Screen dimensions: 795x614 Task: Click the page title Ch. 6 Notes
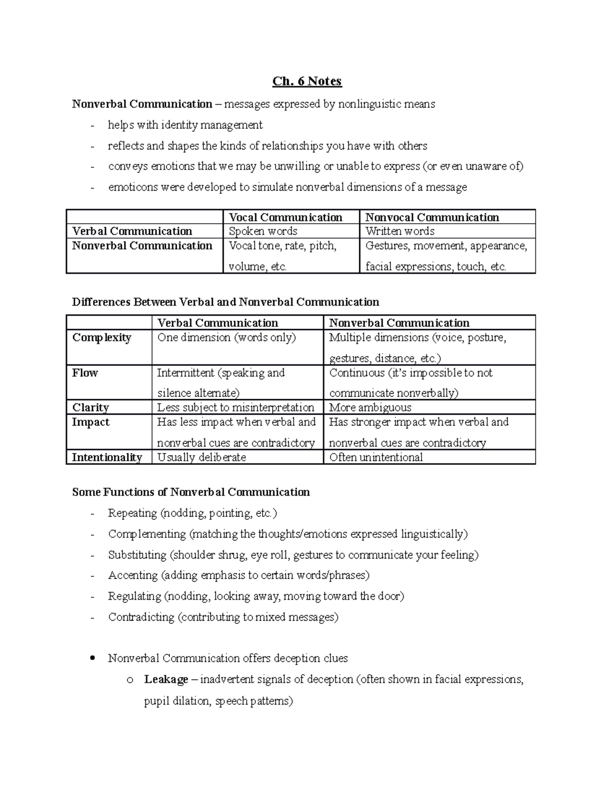306,81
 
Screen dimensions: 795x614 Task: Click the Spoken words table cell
263,231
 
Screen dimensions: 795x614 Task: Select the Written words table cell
400,231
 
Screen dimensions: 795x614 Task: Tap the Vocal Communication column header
286,217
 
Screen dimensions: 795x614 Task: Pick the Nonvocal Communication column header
432,217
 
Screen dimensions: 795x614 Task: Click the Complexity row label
102,338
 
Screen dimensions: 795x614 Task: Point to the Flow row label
85,373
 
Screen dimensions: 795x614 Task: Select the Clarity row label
91,407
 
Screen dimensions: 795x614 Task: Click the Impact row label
91,422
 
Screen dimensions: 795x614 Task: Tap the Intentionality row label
106,457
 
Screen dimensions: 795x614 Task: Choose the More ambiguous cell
370,407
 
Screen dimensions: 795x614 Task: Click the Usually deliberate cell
202,457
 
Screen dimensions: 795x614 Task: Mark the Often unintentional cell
376,457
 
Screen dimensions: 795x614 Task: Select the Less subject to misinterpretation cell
235,407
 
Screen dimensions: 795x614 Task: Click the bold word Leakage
166,679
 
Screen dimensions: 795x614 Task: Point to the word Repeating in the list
133,513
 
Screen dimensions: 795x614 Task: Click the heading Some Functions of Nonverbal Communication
191,492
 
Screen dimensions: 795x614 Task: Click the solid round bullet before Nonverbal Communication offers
92,658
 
